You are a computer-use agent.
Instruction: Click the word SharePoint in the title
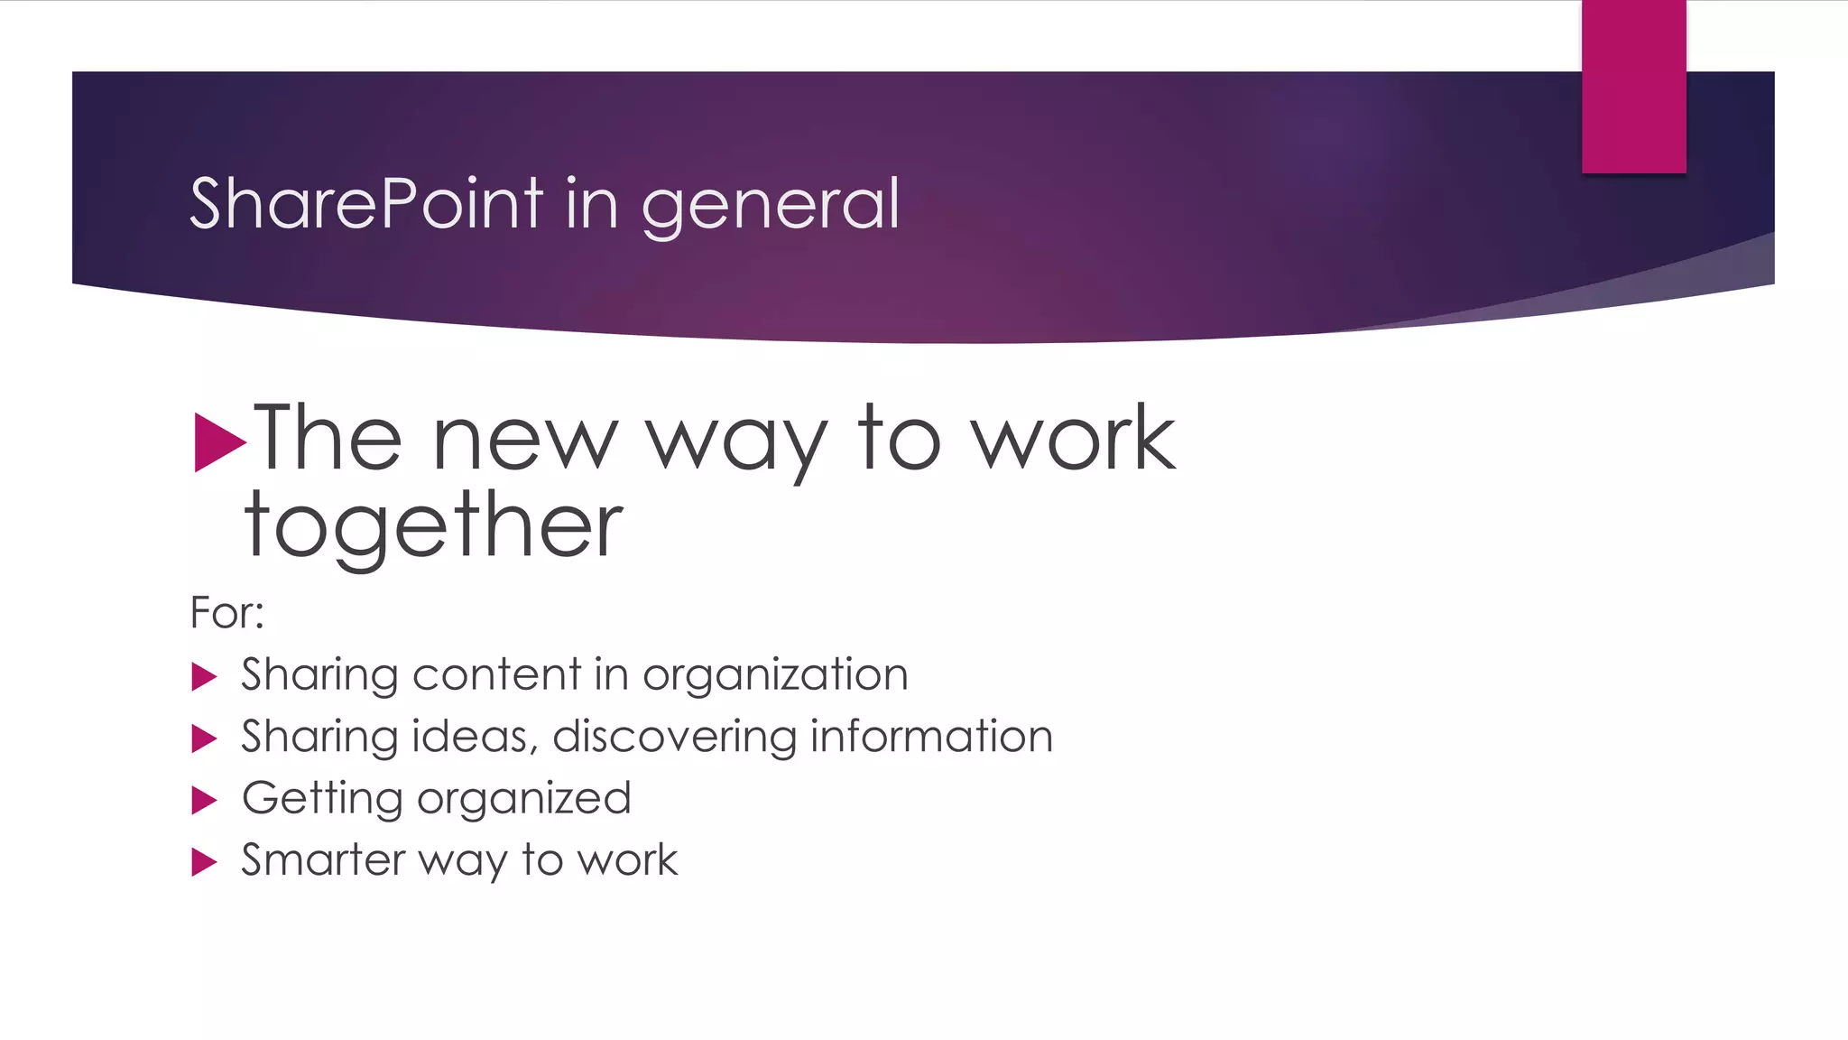pos(366,204)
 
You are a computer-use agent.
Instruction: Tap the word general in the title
pos(771,206)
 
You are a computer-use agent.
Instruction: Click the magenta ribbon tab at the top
pos(1633,87)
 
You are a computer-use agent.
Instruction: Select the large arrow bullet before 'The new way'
pos(219,442)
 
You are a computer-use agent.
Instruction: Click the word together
pos(433,525)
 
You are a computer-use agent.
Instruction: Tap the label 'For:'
pos(226,613)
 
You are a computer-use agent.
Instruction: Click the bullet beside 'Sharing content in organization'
pos(205,676)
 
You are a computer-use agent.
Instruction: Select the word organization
pos(775,676)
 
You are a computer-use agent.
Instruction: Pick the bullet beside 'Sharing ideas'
pos(205,738)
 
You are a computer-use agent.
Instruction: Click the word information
pos(931,737)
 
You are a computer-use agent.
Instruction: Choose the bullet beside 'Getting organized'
pos(205,800)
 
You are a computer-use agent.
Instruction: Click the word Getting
pos(322,799)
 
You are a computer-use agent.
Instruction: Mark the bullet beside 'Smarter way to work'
pos(205,862)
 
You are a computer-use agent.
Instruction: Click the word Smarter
pos(323,860)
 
